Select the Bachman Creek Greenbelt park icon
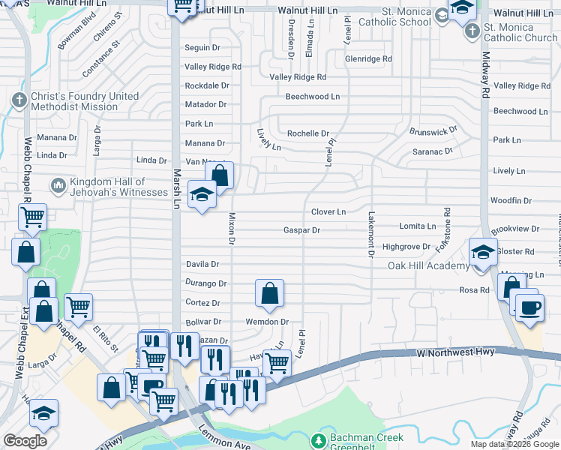(x=319, y=440)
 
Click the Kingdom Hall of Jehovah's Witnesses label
(x=119, y=187)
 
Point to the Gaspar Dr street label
(x=301, y=230)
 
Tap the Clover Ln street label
(x=328, y=212)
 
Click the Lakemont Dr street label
(x=370, y=234)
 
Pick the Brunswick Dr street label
(x=433, y=131)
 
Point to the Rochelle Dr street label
(x=308, y=133)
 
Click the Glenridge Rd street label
(x=368, y=58)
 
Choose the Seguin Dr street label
(x=202, y=47)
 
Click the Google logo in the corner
(x=25, y=441)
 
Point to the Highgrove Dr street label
(x=406, y=247)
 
